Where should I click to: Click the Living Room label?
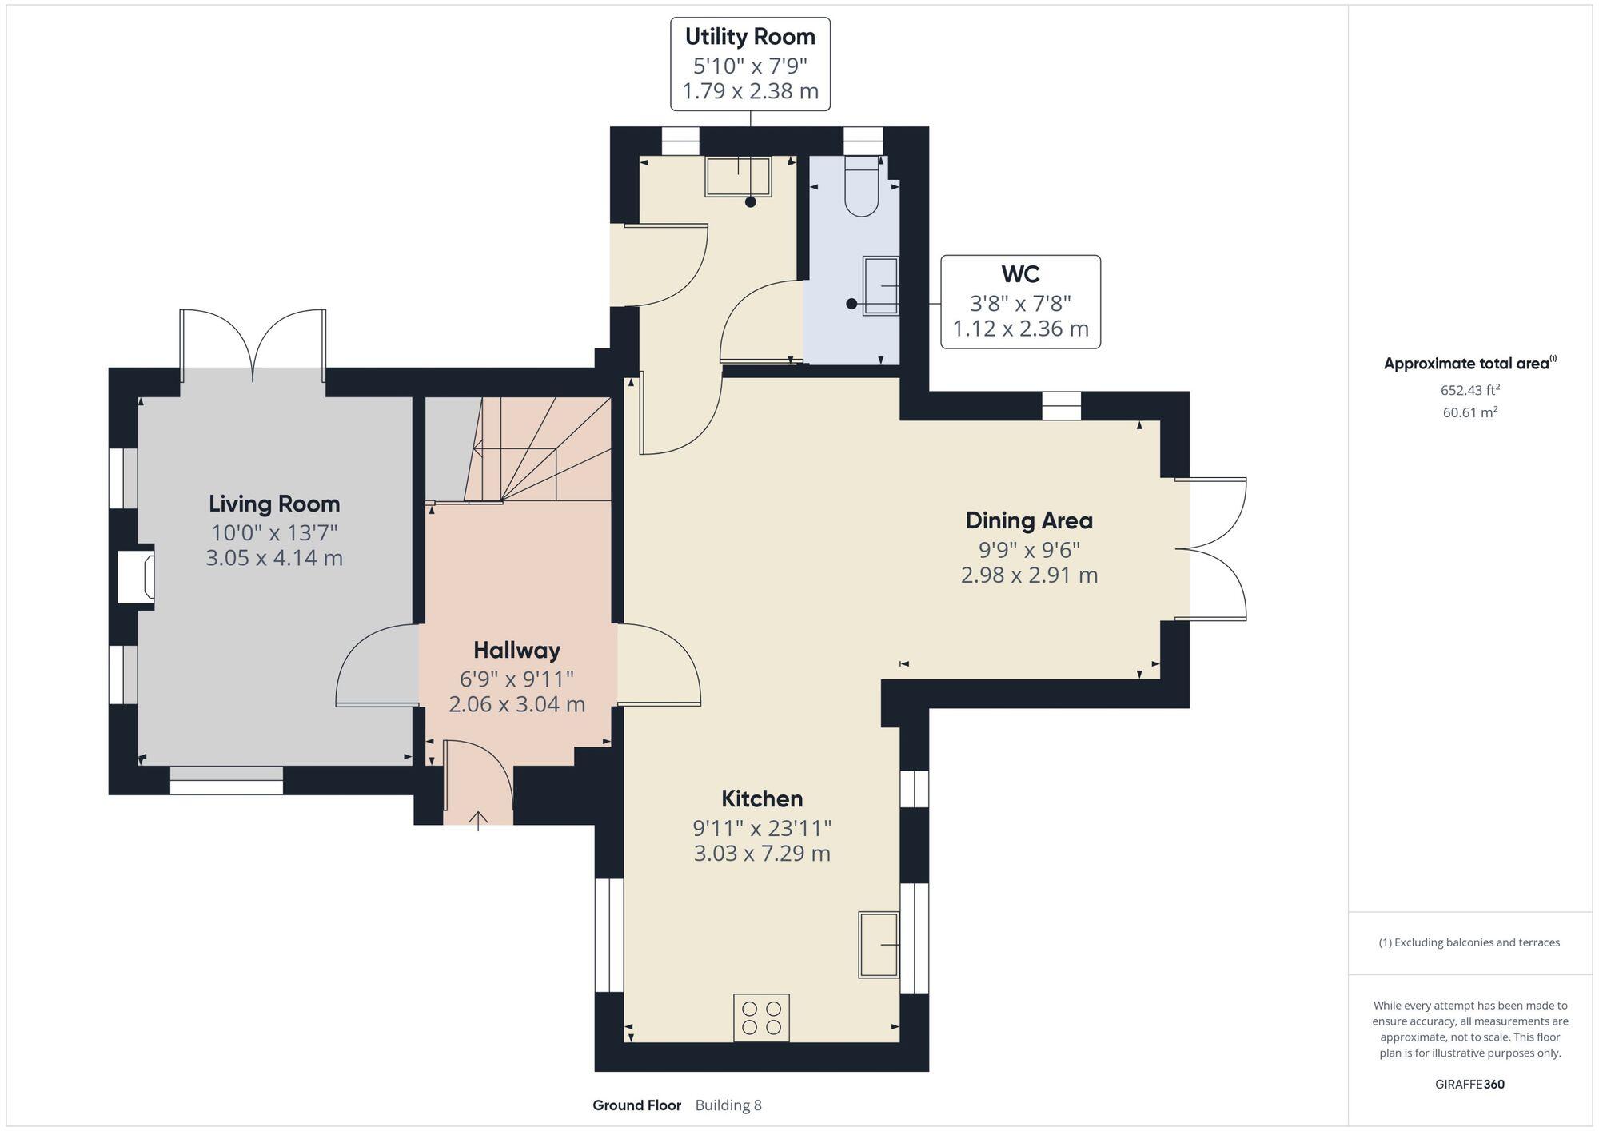click(x=274, y=504)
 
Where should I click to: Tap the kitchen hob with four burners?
click(x=761, y=1018)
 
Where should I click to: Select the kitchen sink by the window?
click(x=879, y=944)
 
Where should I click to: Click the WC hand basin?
click(x=880, y=285)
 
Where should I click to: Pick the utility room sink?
click(x=738, y=177)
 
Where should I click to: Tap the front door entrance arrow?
click(x=478, y=819)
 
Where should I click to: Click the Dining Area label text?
click(x=1029, y=521)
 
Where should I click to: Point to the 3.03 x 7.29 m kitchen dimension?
click(x=762, y=854)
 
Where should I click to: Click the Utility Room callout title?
click(x=750, y=37)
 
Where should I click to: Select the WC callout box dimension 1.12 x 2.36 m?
click(x=1020, y=329)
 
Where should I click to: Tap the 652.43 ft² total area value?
click(x=1469, y=390)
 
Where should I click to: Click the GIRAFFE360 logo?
click(x=1469, y=1085)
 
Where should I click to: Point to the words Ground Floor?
click(x=636, y=1105)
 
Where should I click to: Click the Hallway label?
click(x=516, y=650)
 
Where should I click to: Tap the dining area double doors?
click(x=1211, y=549)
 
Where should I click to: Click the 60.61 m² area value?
click(x=1469, y=412)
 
